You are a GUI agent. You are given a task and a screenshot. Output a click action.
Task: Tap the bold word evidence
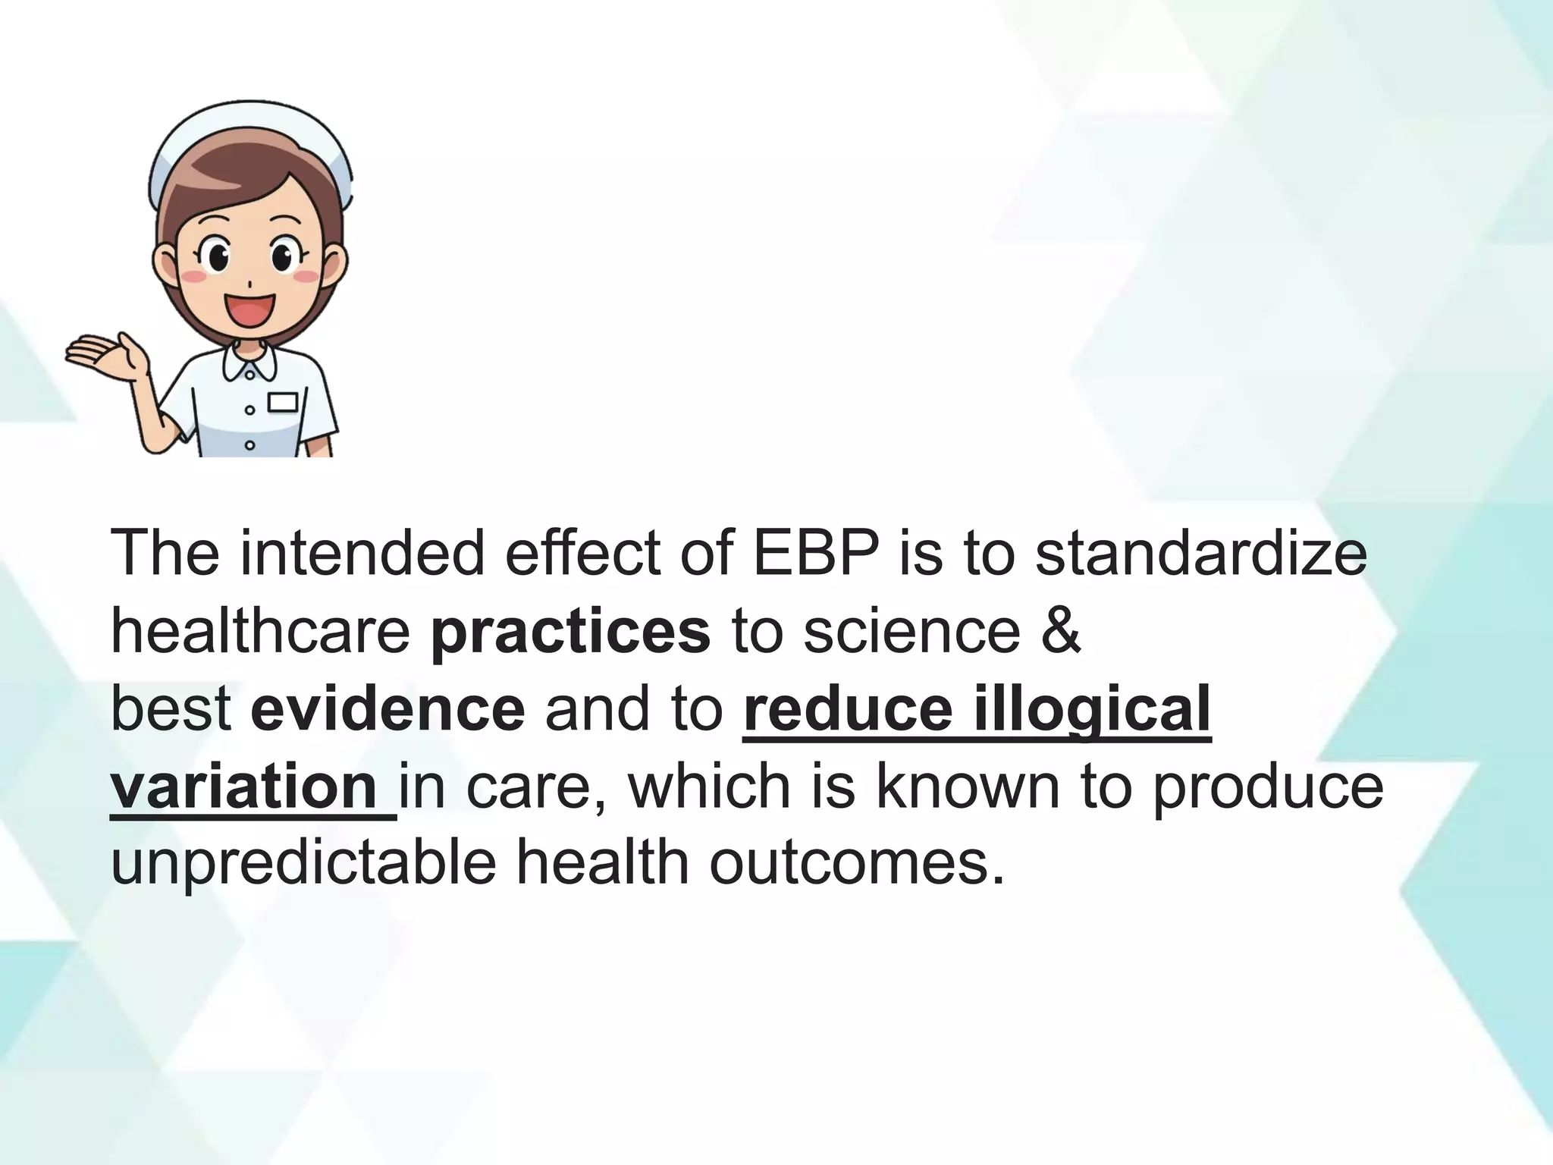click(387, 709)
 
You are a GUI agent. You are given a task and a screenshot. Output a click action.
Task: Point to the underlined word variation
click(244, 787)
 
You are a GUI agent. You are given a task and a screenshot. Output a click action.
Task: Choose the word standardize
click(1201, 554)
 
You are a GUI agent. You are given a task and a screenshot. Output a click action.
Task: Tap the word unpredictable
click(303, 865)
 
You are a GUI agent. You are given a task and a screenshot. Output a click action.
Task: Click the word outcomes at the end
click(857, 865)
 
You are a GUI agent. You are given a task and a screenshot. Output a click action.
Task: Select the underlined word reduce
click(848, 709)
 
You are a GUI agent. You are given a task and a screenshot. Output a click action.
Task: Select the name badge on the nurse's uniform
click(283, 402)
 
